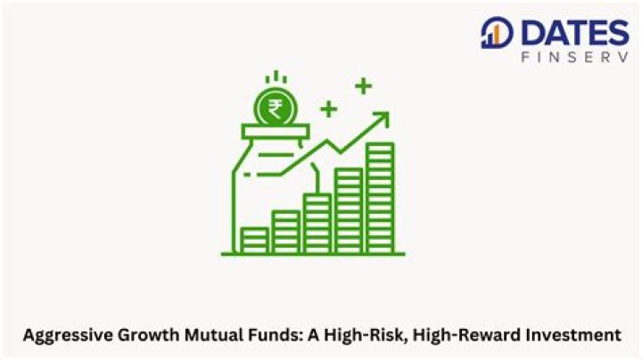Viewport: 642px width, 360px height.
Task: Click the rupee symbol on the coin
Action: (275, 110)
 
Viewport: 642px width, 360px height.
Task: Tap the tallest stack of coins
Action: (380, 196)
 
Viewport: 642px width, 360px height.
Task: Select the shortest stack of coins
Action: (254, 239)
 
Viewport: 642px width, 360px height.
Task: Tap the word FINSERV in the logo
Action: (572, 58)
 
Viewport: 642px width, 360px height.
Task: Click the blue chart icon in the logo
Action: (491, 34)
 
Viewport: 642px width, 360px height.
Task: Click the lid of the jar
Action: (275, 133)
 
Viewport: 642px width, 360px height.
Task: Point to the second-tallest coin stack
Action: (349, 209)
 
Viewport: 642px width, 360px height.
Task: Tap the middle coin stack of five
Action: (317, 223)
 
